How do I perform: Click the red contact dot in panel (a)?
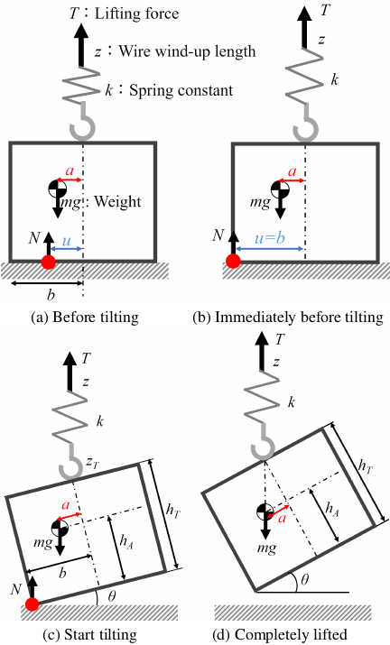49,262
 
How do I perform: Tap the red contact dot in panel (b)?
233,261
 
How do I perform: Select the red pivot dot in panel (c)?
32,604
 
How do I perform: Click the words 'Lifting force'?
136,14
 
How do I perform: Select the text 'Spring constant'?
181,90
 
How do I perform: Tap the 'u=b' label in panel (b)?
270,238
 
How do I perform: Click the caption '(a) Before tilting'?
85,318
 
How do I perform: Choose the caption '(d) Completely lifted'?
280,634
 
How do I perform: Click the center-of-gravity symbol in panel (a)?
57,189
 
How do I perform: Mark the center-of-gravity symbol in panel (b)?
280,189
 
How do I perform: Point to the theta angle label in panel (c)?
111,595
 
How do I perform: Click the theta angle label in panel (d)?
305,580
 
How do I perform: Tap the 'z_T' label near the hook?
92,463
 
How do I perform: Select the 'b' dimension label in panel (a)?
51,294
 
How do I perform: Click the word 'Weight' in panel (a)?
117,201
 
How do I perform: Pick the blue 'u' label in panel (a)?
66,241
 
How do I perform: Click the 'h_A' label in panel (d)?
332,510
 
